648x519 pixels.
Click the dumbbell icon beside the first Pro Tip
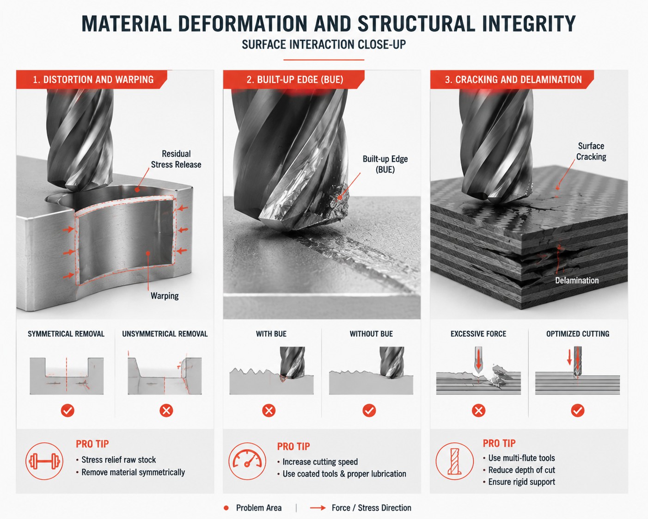tap(44, 461)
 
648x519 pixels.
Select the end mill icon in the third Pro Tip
tap(454, 461)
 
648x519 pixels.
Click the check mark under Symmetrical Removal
tap(67, 410)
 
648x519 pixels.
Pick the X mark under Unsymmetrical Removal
tap(166, 410)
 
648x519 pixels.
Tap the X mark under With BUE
tap(269, 410)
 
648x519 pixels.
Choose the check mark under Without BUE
tap(369, 410)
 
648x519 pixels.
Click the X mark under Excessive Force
tap(478, 410)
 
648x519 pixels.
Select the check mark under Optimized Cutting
tap(578, 410)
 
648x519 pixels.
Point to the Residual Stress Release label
tap(176, 159)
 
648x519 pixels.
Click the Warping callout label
tap(165, 296)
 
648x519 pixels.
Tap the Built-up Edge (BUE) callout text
tap(385, 164)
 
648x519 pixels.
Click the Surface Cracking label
tap(591, 151)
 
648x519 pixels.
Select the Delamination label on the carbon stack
tap(577, 280)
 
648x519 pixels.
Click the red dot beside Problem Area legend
tap(226, 508)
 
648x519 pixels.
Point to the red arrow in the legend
tap(318, 508)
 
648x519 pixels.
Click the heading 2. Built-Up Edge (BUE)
tap(295, 80)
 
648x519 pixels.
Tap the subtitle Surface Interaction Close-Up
tap(324, 44)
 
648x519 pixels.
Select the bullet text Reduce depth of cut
tap(521, 470)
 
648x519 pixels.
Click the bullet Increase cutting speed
tap(320, 462)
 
